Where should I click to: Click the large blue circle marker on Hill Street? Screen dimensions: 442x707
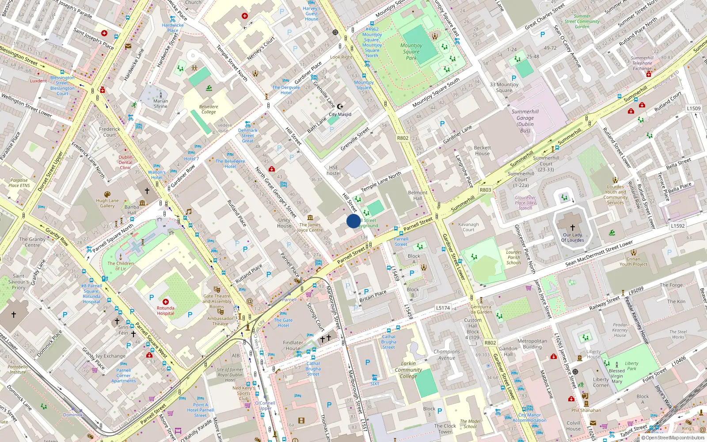tap(353, 221)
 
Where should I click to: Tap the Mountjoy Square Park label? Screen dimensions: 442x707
tap(411, 52)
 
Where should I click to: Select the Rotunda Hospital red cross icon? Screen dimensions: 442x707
tap(166, 301)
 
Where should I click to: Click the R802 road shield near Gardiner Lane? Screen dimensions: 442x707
tap(403, 138)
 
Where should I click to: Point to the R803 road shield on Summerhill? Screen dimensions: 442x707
tap(485, 190)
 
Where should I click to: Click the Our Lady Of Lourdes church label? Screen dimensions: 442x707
tap(572, 237)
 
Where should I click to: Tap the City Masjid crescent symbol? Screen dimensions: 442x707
tap(340, 107)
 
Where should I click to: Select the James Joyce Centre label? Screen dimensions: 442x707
tap(310, 227)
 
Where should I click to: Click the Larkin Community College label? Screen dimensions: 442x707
tap(408, 370)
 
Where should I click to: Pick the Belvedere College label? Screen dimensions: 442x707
tap(209, 109)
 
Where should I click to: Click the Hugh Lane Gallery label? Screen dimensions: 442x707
tap(107, 203)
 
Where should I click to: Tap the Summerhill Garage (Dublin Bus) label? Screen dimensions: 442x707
tap(525, 121)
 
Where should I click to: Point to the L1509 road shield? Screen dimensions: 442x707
tap(693, 108)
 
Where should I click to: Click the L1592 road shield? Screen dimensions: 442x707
tap(677, 226)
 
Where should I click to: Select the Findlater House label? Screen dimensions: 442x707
tap(293, 345)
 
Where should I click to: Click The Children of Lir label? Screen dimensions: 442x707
tap(121, 266)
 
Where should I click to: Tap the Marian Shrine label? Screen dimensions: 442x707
tap(160, 103)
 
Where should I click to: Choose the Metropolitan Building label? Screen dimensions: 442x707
tap(532, 344)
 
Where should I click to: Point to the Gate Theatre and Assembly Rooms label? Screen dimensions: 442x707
tap(217, 301)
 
